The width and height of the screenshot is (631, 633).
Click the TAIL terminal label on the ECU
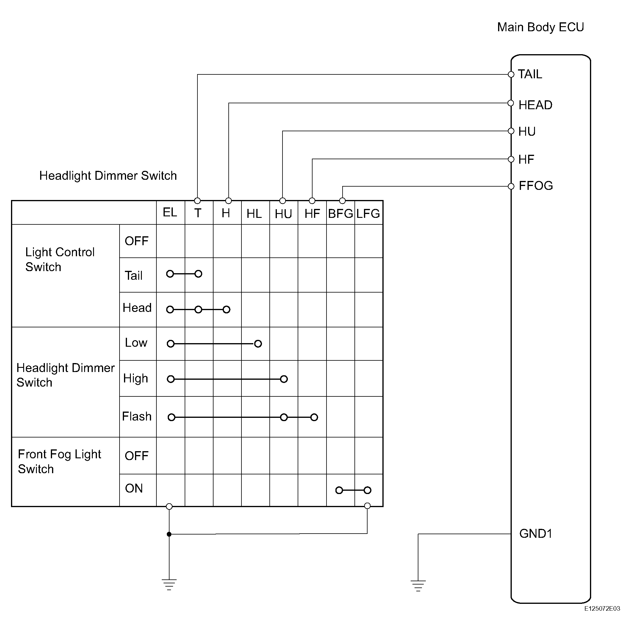point(530,74)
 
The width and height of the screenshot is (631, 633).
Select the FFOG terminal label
point(536,186)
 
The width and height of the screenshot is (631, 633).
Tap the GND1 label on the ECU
point(536,534)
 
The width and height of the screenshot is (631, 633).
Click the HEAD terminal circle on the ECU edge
point(511,103)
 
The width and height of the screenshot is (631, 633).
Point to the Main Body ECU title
point(540,27)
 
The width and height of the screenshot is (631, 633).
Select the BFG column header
point(340,214)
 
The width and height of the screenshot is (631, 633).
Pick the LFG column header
point(368,214)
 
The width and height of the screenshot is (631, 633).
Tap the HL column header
point(254,214)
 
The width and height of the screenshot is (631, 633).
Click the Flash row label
point(136,416)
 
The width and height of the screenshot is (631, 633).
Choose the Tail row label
point(134,276)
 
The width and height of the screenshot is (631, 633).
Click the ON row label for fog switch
point(134,488)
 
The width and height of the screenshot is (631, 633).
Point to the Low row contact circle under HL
point(258,344)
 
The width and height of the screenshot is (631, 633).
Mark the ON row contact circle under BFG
point(339,490)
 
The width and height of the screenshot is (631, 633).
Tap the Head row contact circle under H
point(226,310)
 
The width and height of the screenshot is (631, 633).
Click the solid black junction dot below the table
point(169,534)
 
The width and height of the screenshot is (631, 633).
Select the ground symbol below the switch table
point(169,584)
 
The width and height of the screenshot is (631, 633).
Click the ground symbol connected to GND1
point(418,586)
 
